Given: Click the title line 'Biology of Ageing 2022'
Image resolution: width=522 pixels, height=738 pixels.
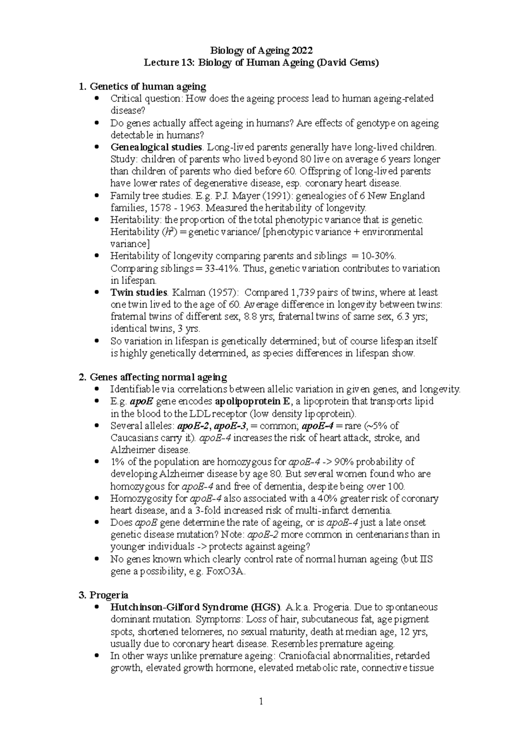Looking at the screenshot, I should [x=261, y=50].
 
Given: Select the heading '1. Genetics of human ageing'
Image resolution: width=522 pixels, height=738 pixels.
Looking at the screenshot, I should [x=142, y=87].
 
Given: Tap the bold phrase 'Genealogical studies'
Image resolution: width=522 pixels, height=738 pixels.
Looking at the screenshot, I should [x=156, y=147].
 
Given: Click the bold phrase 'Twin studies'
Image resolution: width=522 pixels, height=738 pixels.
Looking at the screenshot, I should [x=139, y=292].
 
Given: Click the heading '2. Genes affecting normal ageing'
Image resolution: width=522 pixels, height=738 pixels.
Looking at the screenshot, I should [x=153, y=377].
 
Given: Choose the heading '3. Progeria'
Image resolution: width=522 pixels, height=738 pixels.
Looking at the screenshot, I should [x=104, y=595].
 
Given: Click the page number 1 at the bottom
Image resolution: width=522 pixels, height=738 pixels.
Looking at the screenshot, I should [x=261, y=701].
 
